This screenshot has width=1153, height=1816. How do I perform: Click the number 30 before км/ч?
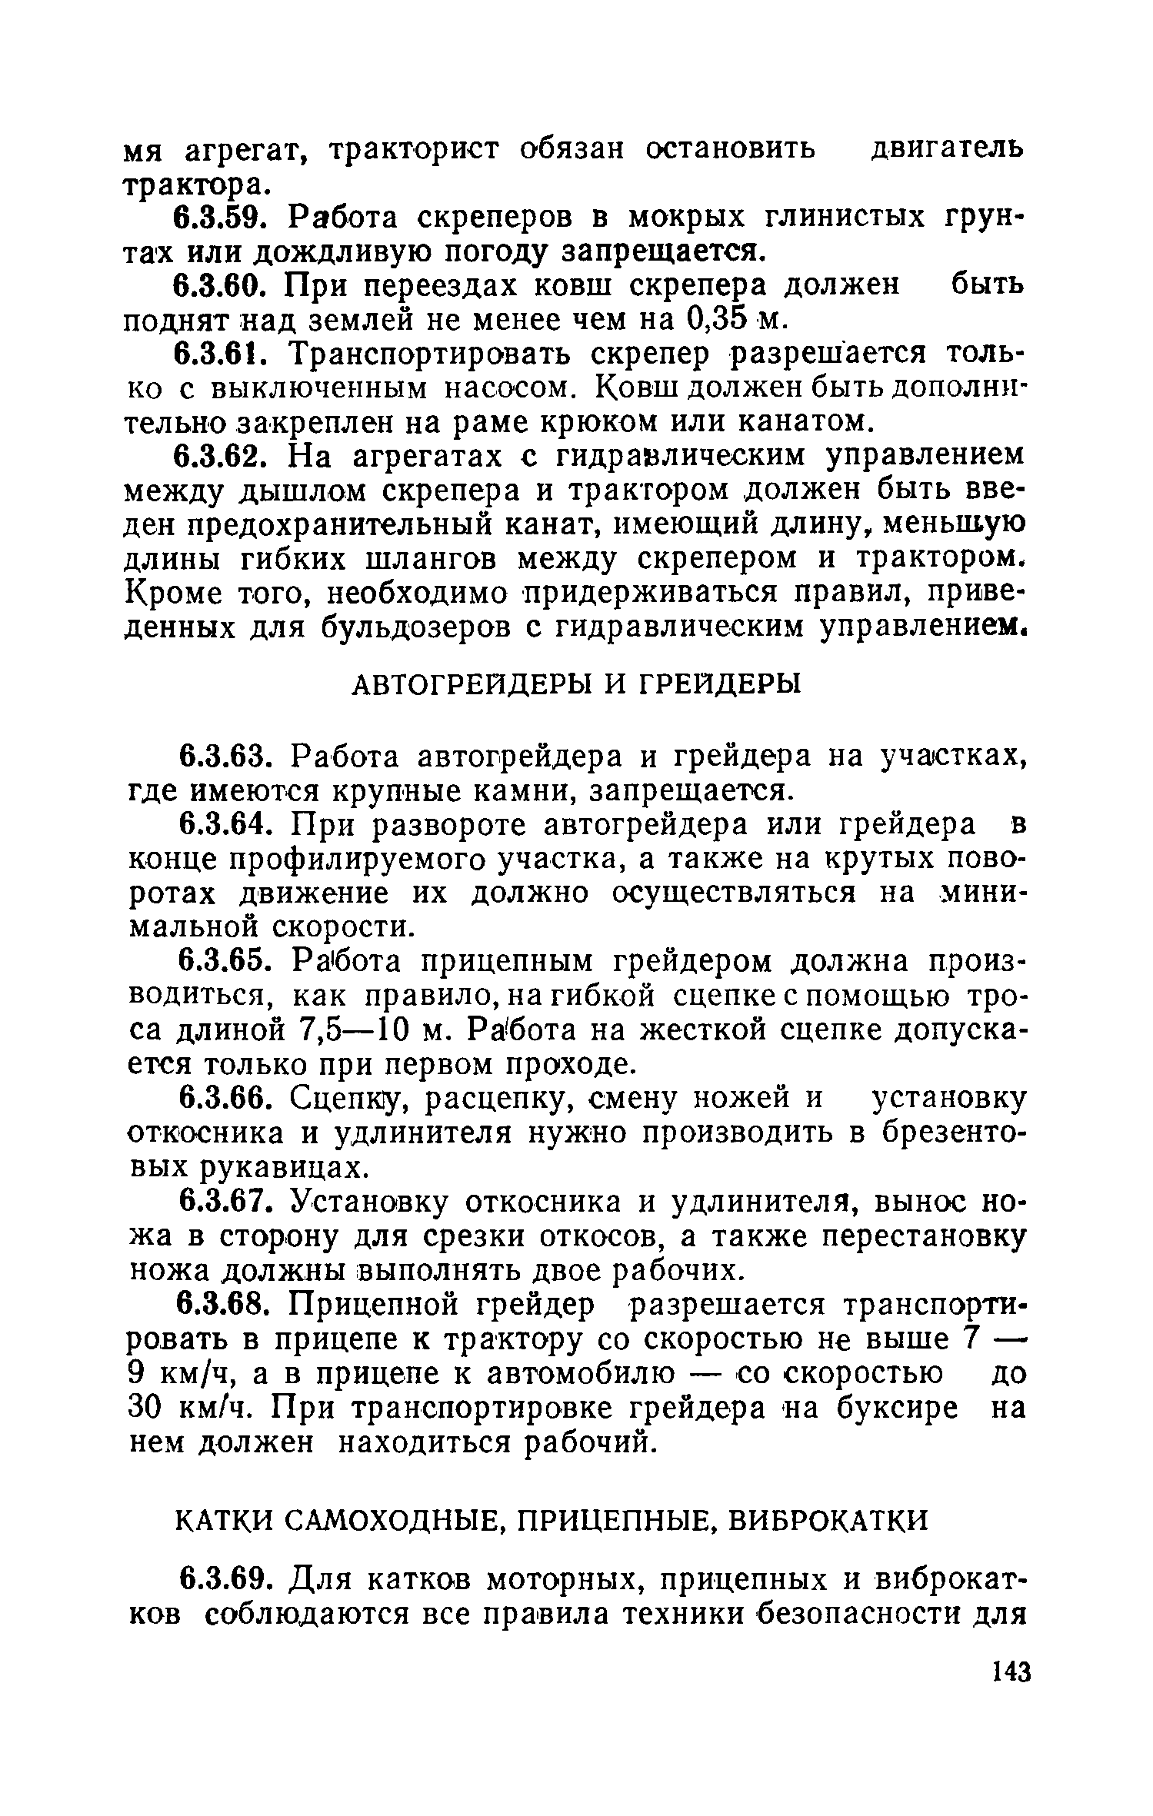point(142,1407)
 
